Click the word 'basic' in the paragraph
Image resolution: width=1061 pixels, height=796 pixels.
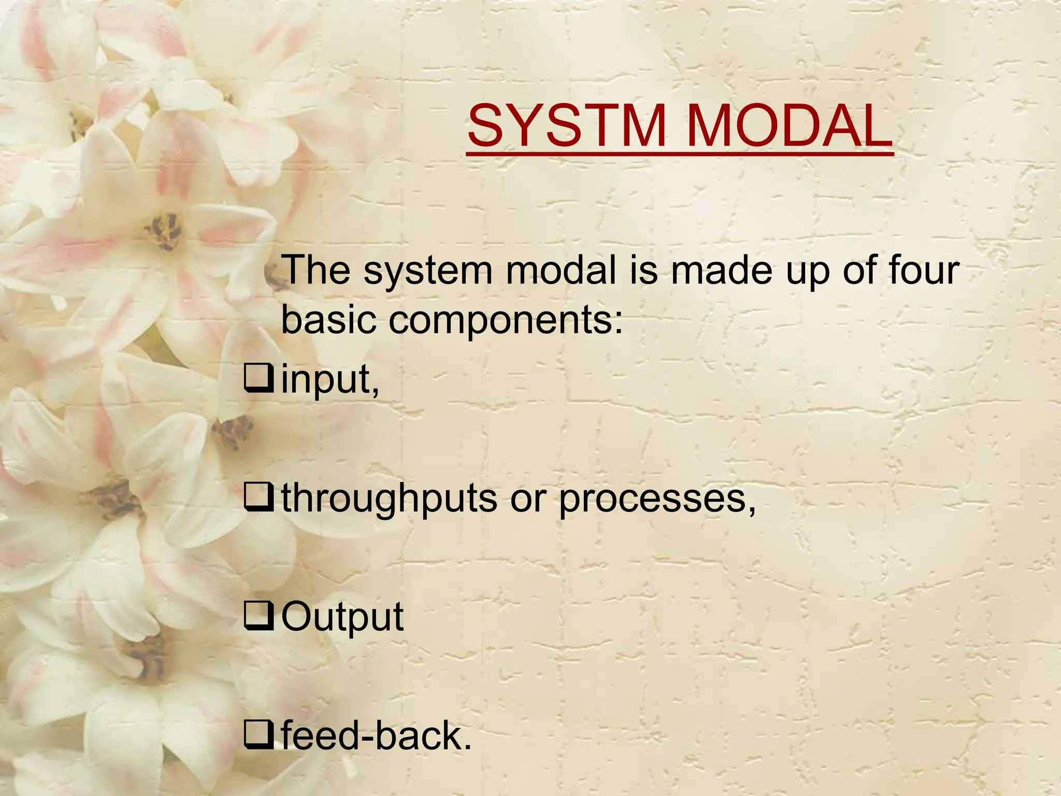pyautogui.click(x=328, y=320)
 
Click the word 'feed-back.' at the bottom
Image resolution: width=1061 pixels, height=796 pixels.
pyautogui.click(x=377, y=736)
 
